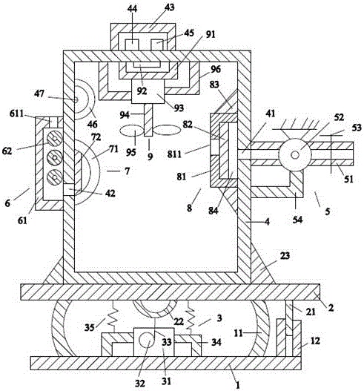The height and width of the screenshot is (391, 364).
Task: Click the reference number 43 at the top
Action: click(170, 7)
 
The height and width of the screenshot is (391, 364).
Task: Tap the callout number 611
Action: click(17, 114)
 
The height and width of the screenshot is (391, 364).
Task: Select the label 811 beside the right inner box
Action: click(174, 154)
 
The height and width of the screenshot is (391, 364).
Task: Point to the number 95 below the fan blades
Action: click(130, 152)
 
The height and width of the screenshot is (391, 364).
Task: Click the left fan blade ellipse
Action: click(132, 130)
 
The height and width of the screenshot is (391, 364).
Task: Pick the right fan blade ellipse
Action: click(166, 130)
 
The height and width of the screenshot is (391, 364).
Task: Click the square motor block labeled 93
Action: click(148, 91)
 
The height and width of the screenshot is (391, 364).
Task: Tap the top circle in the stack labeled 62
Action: click(55, 139)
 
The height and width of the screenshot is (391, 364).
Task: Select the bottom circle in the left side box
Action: click(55, 177)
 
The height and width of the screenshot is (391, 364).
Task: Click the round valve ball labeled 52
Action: click(295, 155)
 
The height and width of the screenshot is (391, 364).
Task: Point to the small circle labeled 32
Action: click(146, 340)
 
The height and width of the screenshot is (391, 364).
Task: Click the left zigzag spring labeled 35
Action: click(113, 317)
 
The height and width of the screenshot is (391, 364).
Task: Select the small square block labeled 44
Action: click(132, 45)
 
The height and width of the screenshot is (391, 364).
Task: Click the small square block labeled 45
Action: click(157, 45)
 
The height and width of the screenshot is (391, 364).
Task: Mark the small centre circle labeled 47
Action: click(76, 100)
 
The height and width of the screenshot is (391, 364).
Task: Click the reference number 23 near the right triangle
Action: click(285, 255)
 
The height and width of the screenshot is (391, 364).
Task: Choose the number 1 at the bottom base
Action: click(238, 385)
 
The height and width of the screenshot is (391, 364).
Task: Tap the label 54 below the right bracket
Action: click(297, 220)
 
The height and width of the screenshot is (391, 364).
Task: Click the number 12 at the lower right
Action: click(315, 341)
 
